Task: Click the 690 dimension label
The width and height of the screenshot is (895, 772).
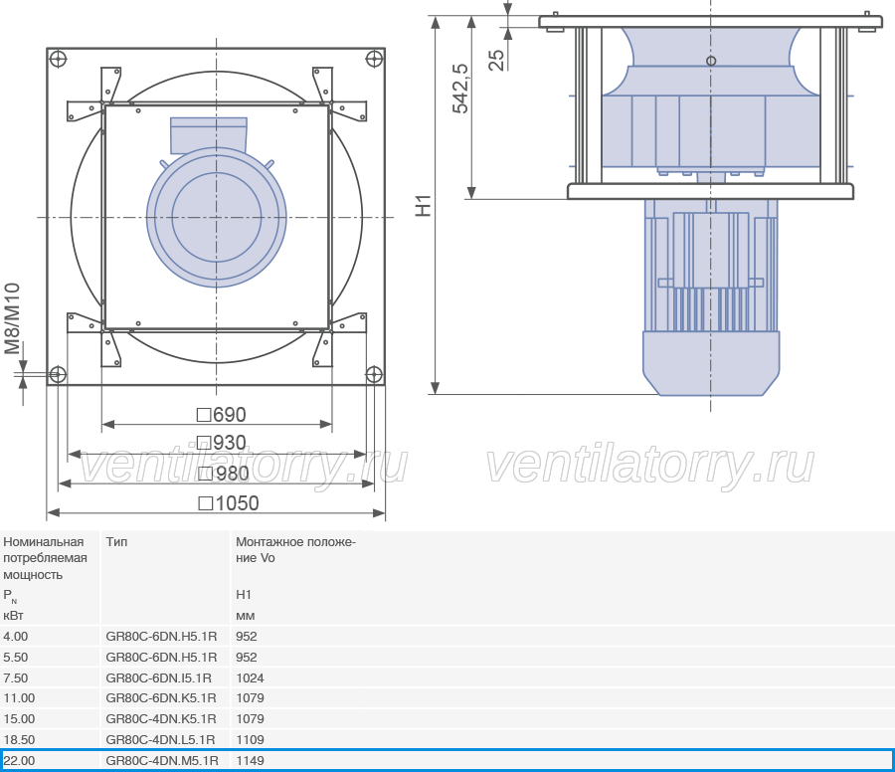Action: pyautogui.click(x=222, y=415)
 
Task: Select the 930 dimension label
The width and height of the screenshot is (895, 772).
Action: pyautogui.click(x=222, y=443)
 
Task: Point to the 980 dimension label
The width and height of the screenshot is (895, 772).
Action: pyautogui.click(x=223, y=474)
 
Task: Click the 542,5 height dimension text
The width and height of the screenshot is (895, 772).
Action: pyautogui.click(x=460, y=89)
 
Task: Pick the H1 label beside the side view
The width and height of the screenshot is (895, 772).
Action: pyautogui.click(x=423, y=206)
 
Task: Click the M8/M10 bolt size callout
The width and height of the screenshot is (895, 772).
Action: pyautogui.click(x=12, y=318)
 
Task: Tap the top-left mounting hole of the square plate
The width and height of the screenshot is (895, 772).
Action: pyautogui.click(x=59, y=59)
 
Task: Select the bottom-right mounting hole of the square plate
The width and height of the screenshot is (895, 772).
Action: pyautogui.click(x=374, y=375)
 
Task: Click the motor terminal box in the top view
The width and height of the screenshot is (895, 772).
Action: pyautogui.click(x=209, y=135)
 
